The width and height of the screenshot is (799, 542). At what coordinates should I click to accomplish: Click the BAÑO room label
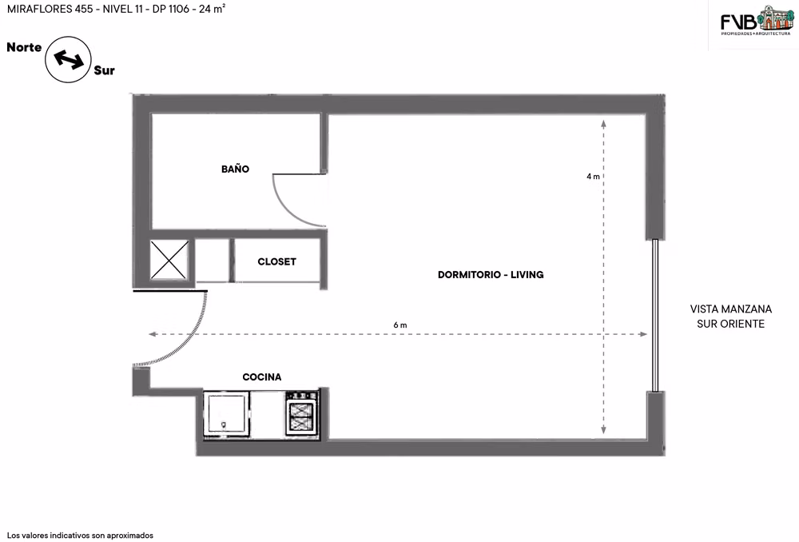click(x=235, y=169)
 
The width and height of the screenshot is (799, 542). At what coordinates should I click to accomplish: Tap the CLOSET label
click(x=276, y=261)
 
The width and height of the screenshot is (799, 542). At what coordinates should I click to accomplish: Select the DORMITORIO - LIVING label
click(x=491, y=274)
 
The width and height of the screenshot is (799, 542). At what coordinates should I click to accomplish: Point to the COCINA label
click(x=262, y=377)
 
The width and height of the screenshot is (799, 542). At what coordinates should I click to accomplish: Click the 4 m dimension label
click(x=593, y=177)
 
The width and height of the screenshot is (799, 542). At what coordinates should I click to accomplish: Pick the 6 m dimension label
click(x=400, y=325)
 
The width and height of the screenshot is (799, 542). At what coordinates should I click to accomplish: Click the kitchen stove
click(x=303, y=412)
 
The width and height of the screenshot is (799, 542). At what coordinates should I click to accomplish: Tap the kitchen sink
click(x=227, y=413)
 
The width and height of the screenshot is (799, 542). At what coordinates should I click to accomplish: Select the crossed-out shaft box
click(x=169, y=260)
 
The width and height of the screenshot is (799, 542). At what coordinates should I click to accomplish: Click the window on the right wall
click(x=655, y=316)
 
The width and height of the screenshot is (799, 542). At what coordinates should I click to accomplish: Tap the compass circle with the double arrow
click(x=68, y=60)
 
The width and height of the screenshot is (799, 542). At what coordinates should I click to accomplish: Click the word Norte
click(x=24, y=47)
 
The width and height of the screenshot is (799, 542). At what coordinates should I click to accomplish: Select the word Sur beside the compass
click(x=105, y=70)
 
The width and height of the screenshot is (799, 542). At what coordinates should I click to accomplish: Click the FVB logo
click(x=756, y=21)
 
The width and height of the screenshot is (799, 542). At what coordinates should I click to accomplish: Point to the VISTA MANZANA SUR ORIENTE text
click(x=731, y=316)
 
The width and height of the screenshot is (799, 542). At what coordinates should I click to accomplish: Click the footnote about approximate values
click(x=80, y=536)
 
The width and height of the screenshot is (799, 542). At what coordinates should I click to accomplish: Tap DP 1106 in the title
click(x=171, y=9)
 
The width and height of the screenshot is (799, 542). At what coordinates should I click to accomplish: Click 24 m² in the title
click(x=213, y=9)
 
